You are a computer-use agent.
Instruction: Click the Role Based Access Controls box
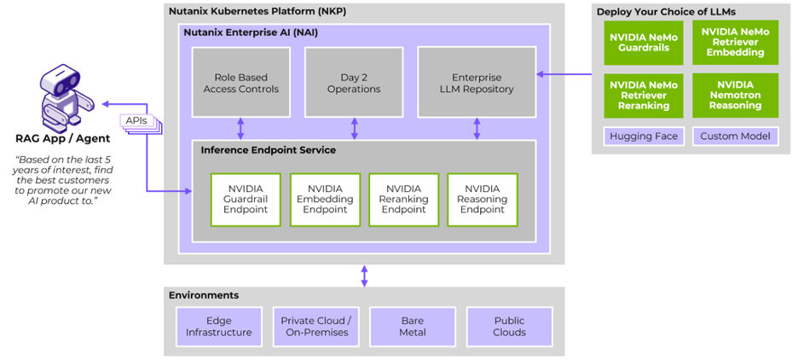point(240,82)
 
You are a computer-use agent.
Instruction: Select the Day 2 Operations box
point(354,82)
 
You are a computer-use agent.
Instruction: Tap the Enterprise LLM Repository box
point(477,82)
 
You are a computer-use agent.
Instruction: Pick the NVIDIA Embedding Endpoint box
point(325,200)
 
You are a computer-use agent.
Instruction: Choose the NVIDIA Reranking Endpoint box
point(403,200)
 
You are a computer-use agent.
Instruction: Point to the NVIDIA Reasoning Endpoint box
point(482,200)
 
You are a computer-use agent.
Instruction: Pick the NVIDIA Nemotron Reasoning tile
point(735,96)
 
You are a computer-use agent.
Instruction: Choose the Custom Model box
point(735,136)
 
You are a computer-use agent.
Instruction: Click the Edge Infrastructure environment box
point(219,327)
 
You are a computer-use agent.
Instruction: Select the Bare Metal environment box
point(412,327)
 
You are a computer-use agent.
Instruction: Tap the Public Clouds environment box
point(509,327)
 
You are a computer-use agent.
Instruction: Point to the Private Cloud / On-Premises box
point(315,327)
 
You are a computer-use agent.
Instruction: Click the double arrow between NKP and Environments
point(365,276)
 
